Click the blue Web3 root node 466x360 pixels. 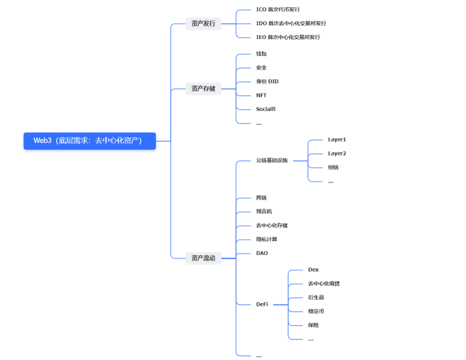pyautogui.click(x=89, y=141)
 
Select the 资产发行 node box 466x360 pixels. pyautogui.click(x=203, y=23)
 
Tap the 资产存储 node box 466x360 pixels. pyautogui.click(x=203, y=88)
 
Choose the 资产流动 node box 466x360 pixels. pyautogui.click(x=203, y=258)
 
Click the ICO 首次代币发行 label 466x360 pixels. pyautogui.click(x=278, y=9)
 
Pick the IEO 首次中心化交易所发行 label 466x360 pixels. pyautogui.click(x=288, y=37)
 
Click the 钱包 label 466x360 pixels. pyautogui.click(x=261, y=54)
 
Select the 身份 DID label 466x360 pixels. pyautogui.click(x=267, y=82)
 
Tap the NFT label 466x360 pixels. pyautogui.click(x=261, y=95)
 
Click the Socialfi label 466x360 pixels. pyautogui.click(x=266, y=109)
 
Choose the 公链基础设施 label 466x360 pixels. pyautogui.click(x=272, y=160)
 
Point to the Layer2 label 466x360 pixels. pyautogui.click(x=337, y=153)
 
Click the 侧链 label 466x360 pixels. pyautogui.click(x=333, y=167)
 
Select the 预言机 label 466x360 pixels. pyautogui.click(x=264, y=212)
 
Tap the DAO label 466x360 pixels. pyautogui.click(x=262, y=253)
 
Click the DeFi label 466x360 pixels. pyautogui.click(x=262, y=304)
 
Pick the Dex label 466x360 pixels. pyautogui.click(x=313, y=270)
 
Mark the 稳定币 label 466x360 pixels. pyautogui.click(x=316, y=311)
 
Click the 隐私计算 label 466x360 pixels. pyautogui.click(x=267, y=240)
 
